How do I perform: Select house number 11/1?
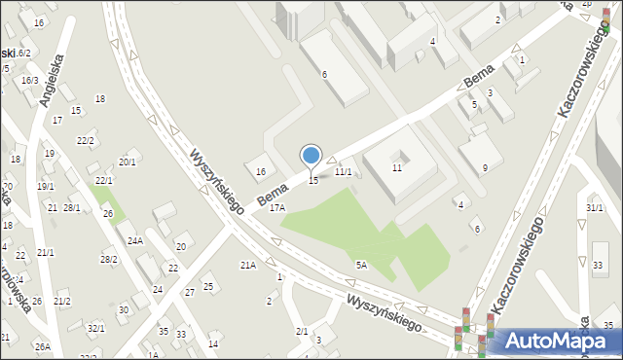[343, 171]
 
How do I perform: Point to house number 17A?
[278, 207]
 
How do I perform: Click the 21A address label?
[248, 265]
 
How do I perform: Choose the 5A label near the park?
[361, 265]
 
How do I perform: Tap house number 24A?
[135, 240]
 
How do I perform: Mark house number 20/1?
[128, 162]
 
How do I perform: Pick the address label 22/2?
[86, 141]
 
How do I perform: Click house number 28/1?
[72, 207]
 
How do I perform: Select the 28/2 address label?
[109, 259]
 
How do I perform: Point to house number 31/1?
[595, 208]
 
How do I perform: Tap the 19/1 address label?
[46, 186]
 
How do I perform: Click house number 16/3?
[30, 80]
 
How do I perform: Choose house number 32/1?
[95, 328]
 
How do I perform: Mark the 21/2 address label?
[62, 302]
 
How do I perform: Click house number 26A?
[42, 346]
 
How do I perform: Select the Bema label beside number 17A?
[273, 191]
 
